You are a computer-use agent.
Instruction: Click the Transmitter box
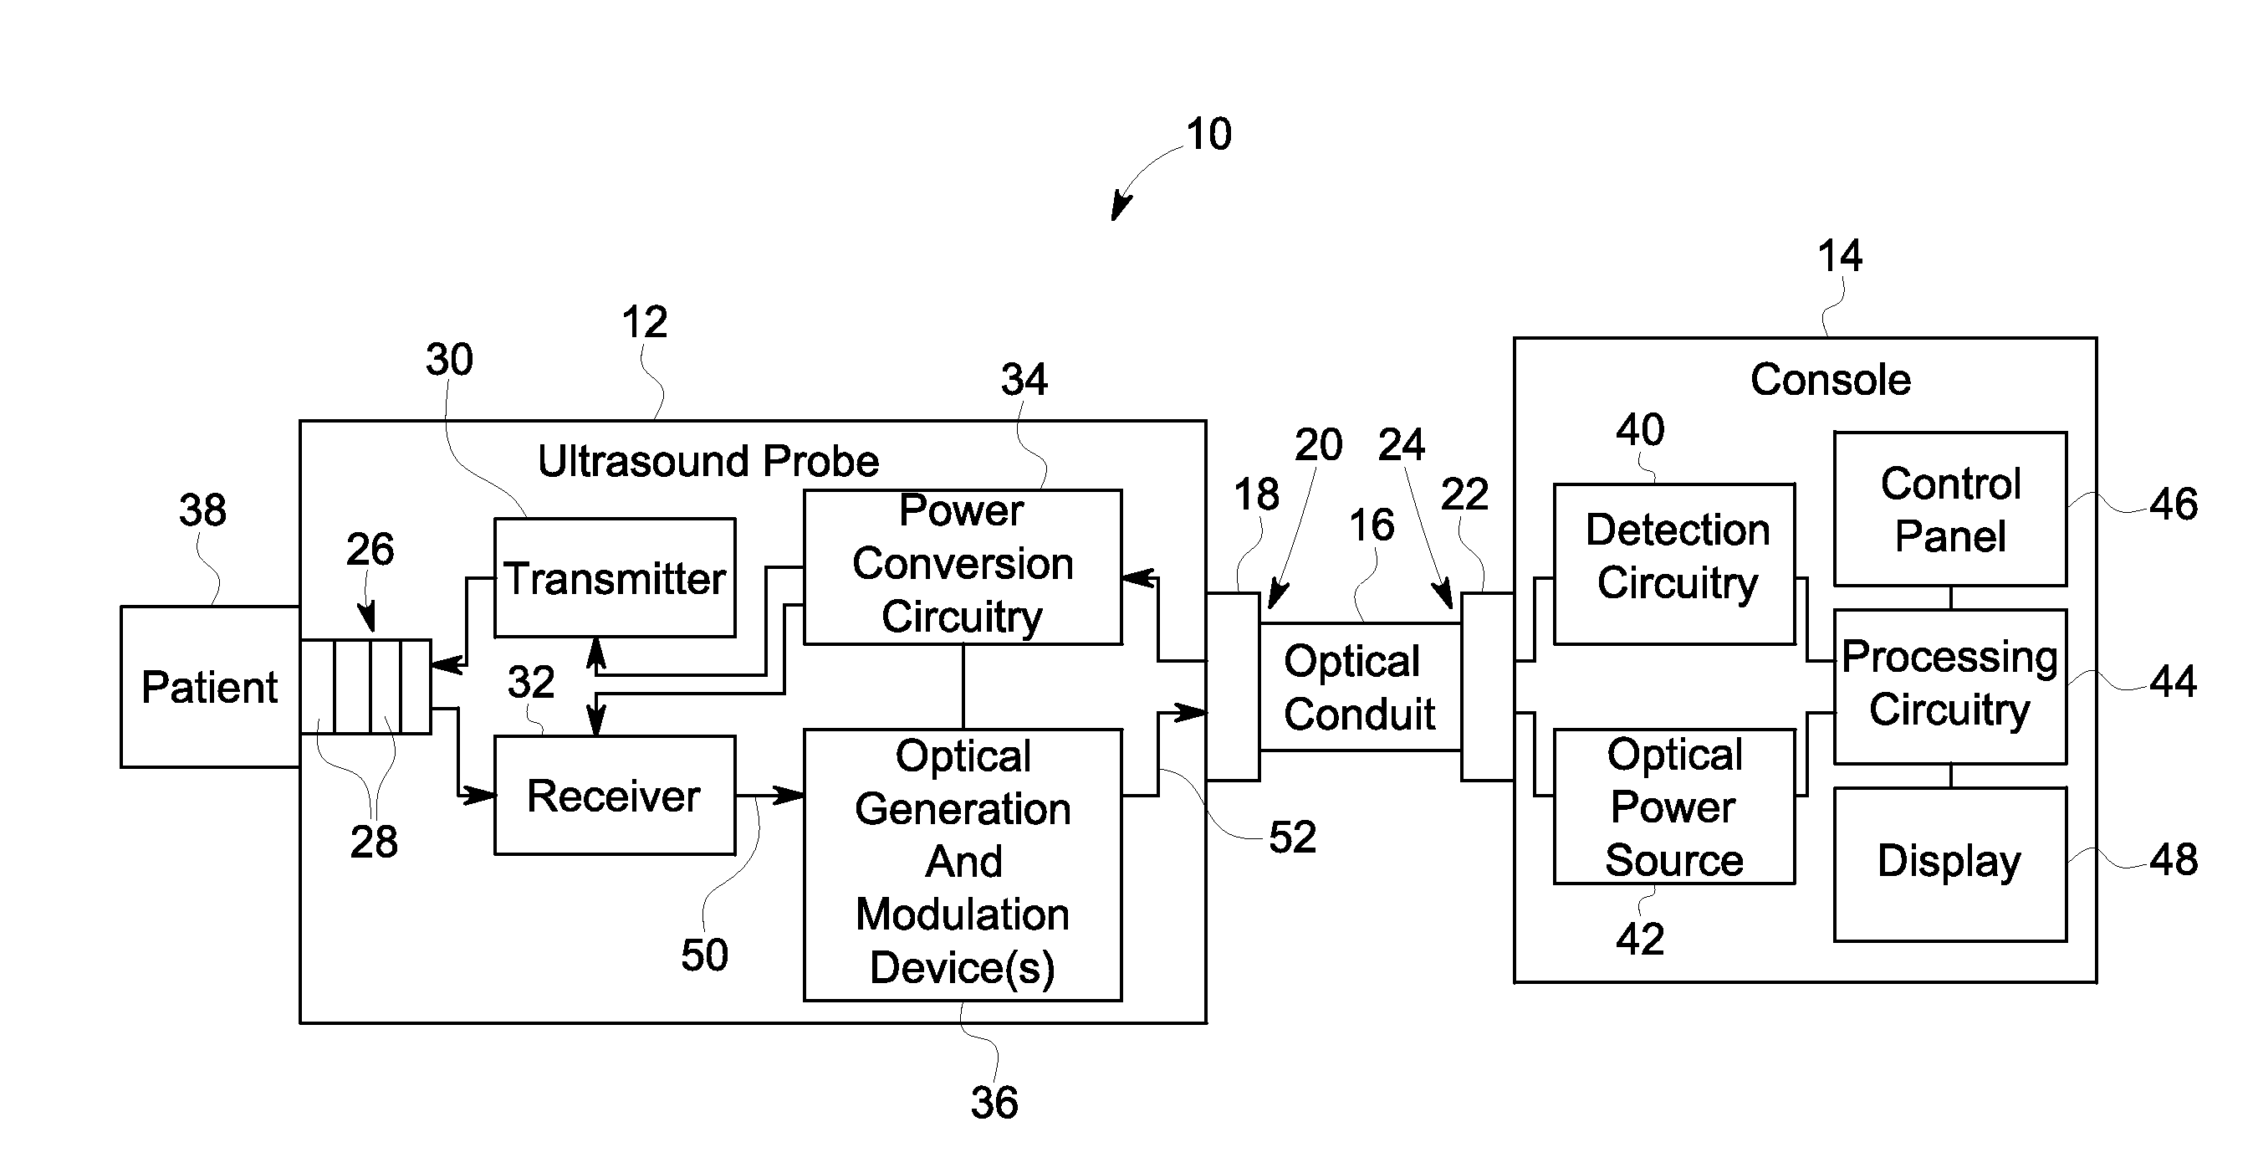point(614,577)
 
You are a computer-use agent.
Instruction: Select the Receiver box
point(614,796)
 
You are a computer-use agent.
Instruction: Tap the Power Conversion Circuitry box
point(962,567)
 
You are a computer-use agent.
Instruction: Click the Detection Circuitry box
point(1674,564)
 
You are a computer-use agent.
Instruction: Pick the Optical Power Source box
point(1674,807)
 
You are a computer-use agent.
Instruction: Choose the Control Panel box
point(1950,510)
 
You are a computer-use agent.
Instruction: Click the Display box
point(1950,864)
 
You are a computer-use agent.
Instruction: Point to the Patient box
point(210,687)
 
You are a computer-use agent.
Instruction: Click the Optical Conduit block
point(1360,687)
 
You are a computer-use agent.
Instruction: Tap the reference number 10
point(1208,134)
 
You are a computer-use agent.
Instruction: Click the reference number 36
point(994,1103)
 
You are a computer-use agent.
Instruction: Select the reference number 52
point(1293,838)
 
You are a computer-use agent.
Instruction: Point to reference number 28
point(374,842)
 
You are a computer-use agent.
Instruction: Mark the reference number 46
point(2174,504)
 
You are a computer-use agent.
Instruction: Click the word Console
point(1831,380)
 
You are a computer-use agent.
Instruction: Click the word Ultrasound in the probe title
point(644,460)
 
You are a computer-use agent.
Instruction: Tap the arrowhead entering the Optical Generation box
point(789,796)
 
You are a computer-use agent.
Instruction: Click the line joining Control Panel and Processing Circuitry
point(1951,598)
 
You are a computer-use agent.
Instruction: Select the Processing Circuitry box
point(1950,687)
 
